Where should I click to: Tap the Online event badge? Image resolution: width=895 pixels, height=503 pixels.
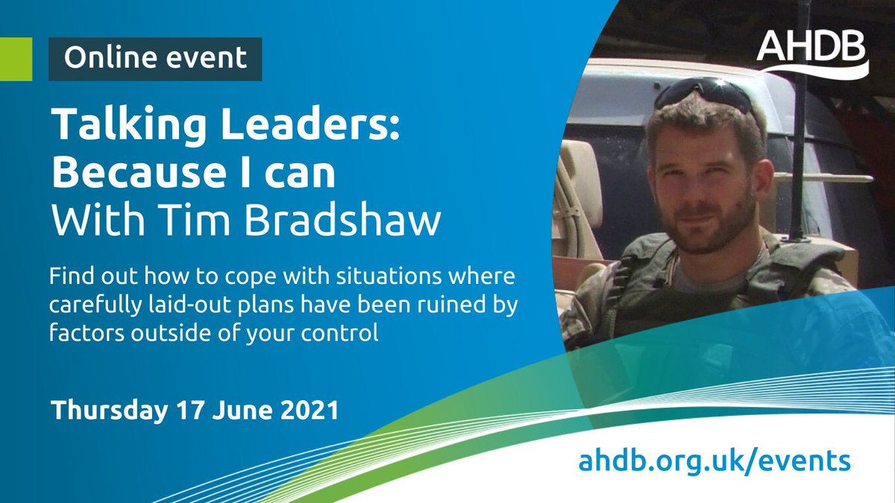click(x=155, y=58)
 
